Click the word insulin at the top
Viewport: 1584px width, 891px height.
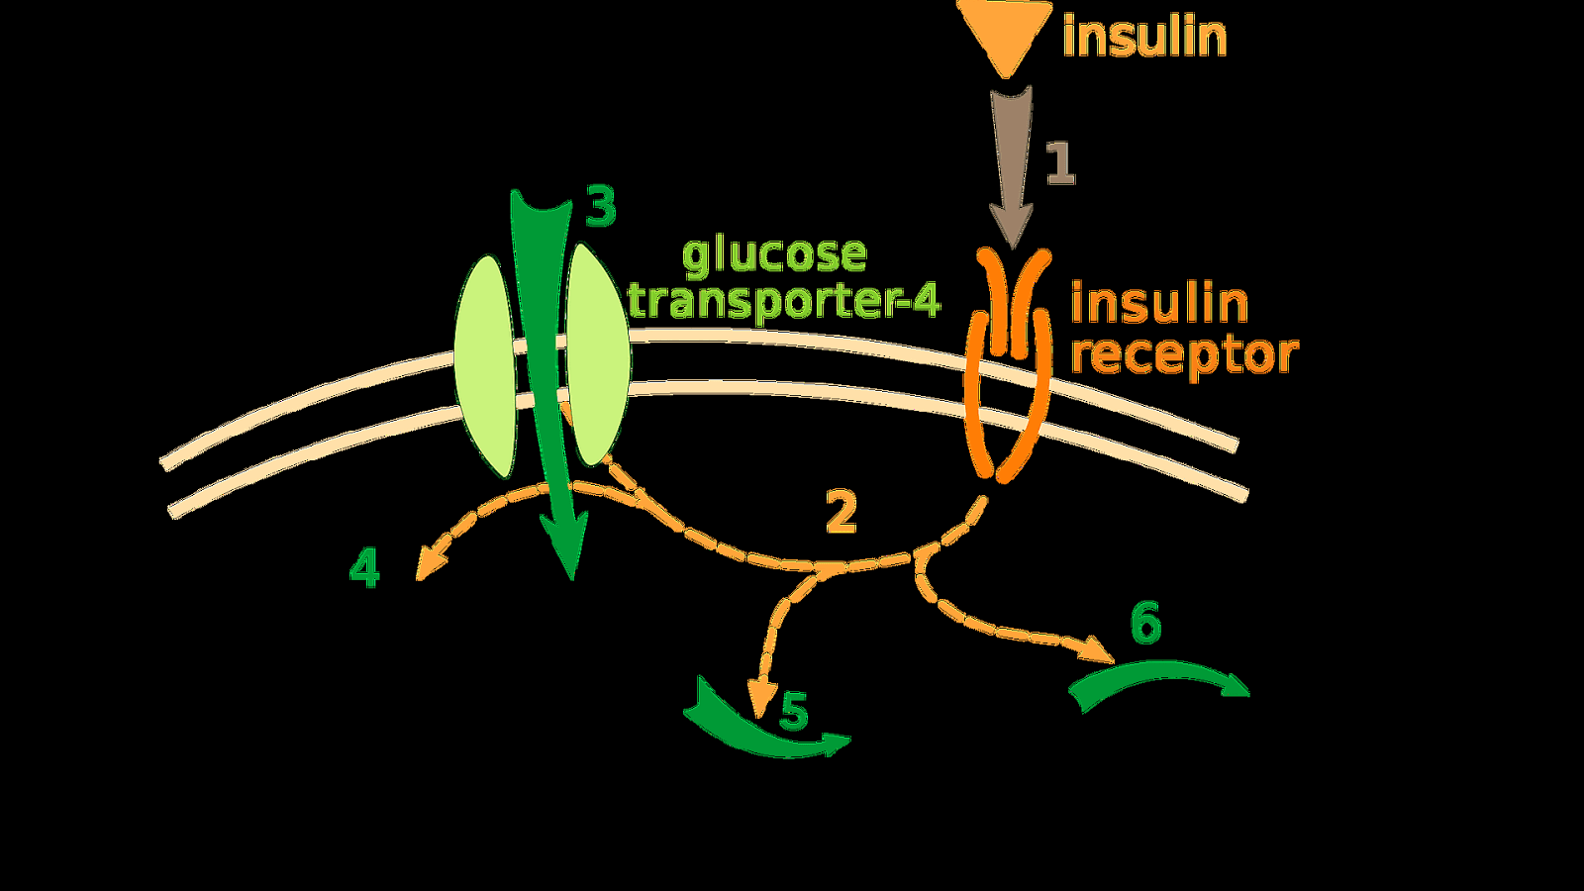click(x=1144, y=37)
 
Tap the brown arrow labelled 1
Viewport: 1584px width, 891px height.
click(x=1011, y=168)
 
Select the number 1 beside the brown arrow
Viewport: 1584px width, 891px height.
click(x=1060, y=164)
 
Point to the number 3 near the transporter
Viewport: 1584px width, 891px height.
click(x=600, y=207)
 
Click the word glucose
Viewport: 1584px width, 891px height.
click(x=774, y=255)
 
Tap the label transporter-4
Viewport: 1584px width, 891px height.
click(x=784, y=301)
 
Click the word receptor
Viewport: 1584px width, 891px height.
click(x=1184, y=355)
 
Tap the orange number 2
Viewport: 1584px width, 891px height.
click(x=841, y=513)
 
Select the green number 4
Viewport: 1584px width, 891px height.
click(x=365, y=568)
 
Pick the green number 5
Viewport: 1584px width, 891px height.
click(x=794, y=711)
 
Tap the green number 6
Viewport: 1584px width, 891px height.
click(x=1145, y=624)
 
